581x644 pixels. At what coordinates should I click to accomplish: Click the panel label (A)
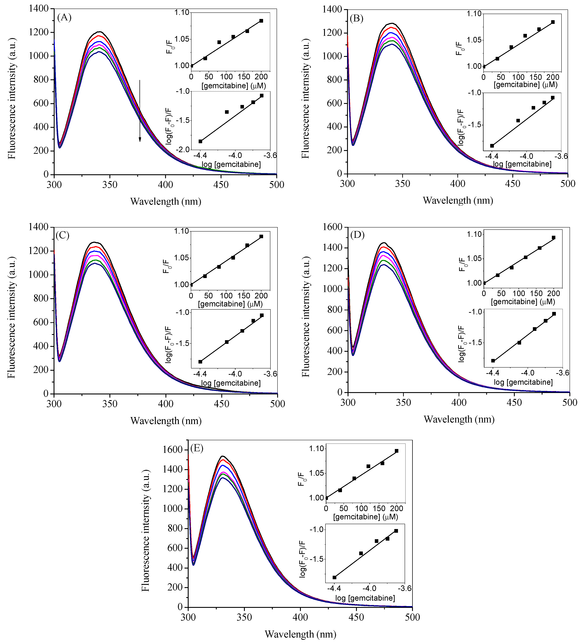[64, 18]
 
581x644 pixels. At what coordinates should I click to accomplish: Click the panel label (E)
[197, 448]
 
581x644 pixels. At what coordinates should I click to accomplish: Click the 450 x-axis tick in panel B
[513, 183]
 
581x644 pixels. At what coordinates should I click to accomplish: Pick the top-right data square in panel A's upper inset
[261, 21]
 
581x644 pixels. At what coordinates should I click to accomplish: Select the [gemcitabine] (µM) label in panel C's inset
[230, 304]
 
